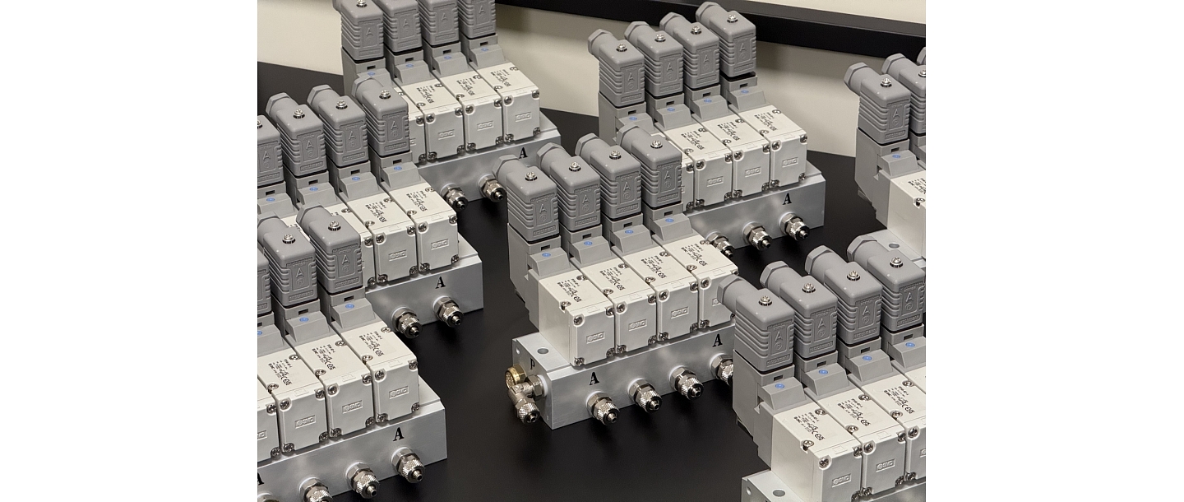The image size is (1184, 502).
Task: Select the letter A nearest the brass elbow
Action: coord(593,379)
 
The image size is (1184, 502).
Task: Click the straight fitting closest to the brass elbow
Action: coord(605,408)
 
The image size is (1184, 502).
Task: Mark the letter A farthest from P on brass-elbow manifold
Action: coord(718,339)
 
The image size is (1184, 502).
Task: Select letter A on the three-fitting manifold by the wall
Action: coord(787,198)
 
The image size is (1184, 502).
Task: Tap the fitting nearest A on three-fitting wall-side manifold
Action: coord(794,227)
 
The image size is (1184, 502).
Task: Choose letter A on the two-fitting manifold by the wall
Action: coord(523,151)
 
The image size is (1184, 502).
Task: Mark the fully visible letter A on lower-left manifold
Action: coord(399,433)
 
